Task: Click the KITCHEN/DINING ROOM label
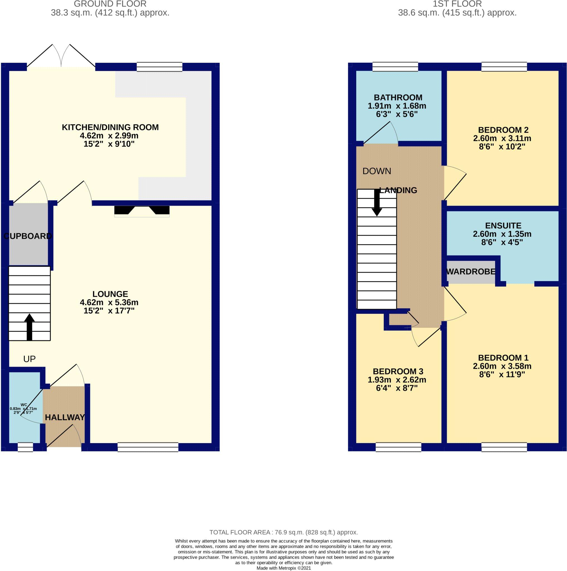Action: (110, 127)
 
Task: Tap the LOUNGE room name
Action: (110, 294)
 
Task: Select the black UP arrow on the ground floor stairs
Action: (29, 327)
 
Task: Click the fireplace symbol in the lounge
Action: (142, 211)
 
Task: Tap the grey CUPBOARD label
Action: (28, 236)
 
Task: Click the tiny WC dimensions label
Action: (23, 409)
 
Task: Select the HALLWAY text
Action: (65, 417)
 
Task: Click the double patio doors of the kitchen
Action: (61, 56)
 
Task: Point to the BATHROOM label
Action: (398, 98)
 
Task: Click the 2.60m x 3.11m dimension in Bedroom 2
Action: (502, 138)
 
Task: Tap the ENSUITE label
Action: (503, 226)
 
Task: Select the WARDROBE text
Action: (471, 272)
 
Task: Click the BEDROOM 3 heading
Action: (398, 371)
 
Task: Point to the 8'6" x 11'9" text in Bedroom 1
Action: (502, 374)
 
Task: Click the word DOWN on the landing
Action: (376, 171)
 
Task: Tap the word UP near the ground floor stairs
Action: (29, 359)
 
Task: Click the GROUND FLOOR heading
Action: (110, 4)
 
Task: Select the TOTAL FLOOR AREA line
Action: (284, 532)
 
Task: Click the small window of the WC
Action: (25, 447)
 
